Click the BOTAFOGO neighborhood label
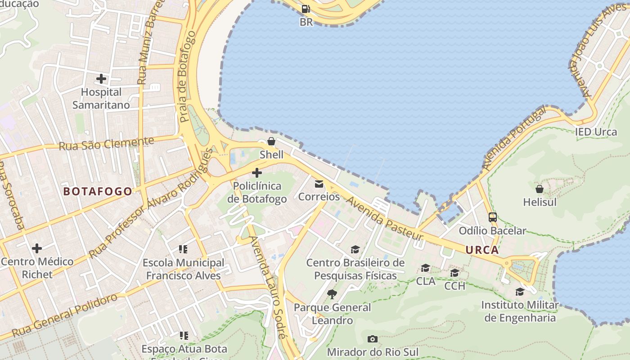(98, 191)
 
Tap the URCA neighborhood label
(482, 250)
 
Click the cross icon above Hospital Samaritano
(101, 79)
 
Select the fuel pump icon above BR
(306, 9)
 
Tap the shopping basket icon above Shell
(271, 141)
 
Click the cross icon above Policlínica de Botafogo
(257, 173)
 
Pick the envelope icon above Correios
(319, 184)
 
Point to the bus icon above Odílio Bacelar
(493, 217)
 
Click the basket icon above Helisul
(540, 189)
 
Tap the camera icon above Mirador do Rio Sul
(373, 339)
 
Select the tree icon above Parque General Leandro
(332, 294)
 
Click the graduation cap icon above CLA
(425, 269)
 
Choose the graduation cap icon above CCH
(454, 273)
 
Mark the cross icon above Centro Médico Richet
(37, 248)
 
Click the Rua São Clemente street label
(106, 144)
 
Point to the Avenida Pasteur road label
(385, 220)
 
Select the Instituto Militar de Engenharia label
(520, 311)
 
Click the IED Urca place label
(596, 132)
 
